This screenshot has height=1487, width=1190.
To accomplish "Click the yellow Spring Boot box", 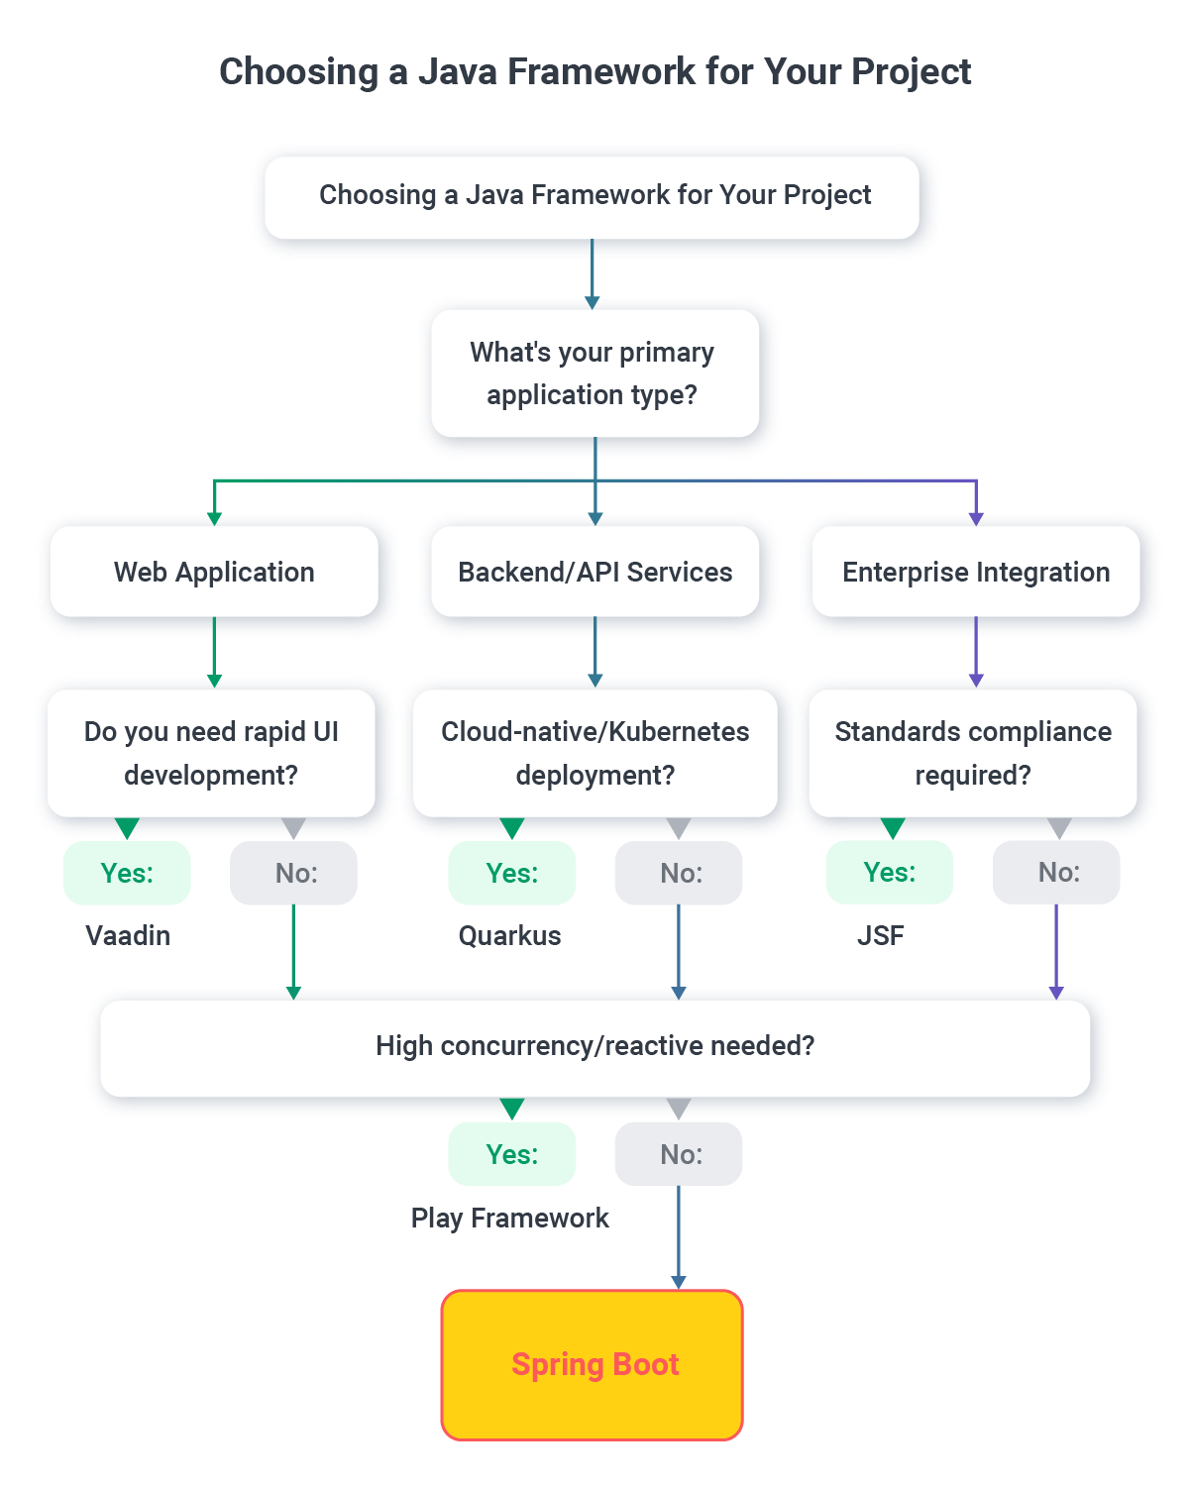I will click(x=592, y=1364).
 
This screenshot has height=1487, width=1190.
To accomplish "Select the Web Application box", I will click(x=214, y=572).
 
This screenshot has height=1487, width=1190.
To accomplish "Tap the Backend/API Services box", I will click(x=595, y=572).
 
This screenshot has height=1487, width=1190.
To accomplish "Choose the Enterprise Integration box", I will click(x=975, y=572).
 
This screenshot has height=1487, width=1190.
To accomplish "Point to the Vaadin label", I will click(x=128, y=935).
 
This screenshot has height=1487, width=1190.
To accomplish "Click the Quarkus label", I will click(x=509, y=935).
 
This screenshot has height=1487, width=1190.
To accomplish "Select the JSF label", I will click(x=880, y=935).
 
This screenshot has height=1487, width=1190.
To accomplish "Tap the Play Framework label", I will click(x=509, y=1218).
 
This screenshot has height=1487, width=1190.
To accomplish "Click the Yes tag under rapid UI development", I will click(x=127, y=873).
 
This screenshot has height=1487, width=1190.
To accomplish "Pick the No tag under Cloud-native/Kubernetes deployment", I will click(x=680, y=873).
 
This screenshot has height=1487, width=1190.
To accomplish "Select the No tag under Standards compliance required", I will click(x=1057, y=872).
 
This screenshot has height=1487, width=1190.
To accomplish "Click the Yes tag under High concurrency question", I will click(x=511, y=1154).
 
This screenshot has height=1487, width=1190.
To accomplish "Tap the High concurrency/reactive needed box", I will click(x=595, y=1046).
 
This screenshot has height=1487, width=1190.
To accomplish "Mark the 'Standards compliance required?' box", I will click(x=973, y=753).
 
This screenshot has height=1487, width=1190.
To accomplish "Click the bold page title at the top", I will click(x=595, y=71).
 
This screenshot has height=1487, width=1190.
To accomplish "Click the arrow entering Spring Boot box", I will click(x=679, y=1278).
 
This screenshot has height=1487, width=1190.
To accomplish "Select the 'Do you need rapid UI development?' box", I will click(x=211, y=753).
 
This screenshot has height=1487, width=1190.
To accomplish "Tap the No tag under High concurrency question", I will click(x=680, y=1154).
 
